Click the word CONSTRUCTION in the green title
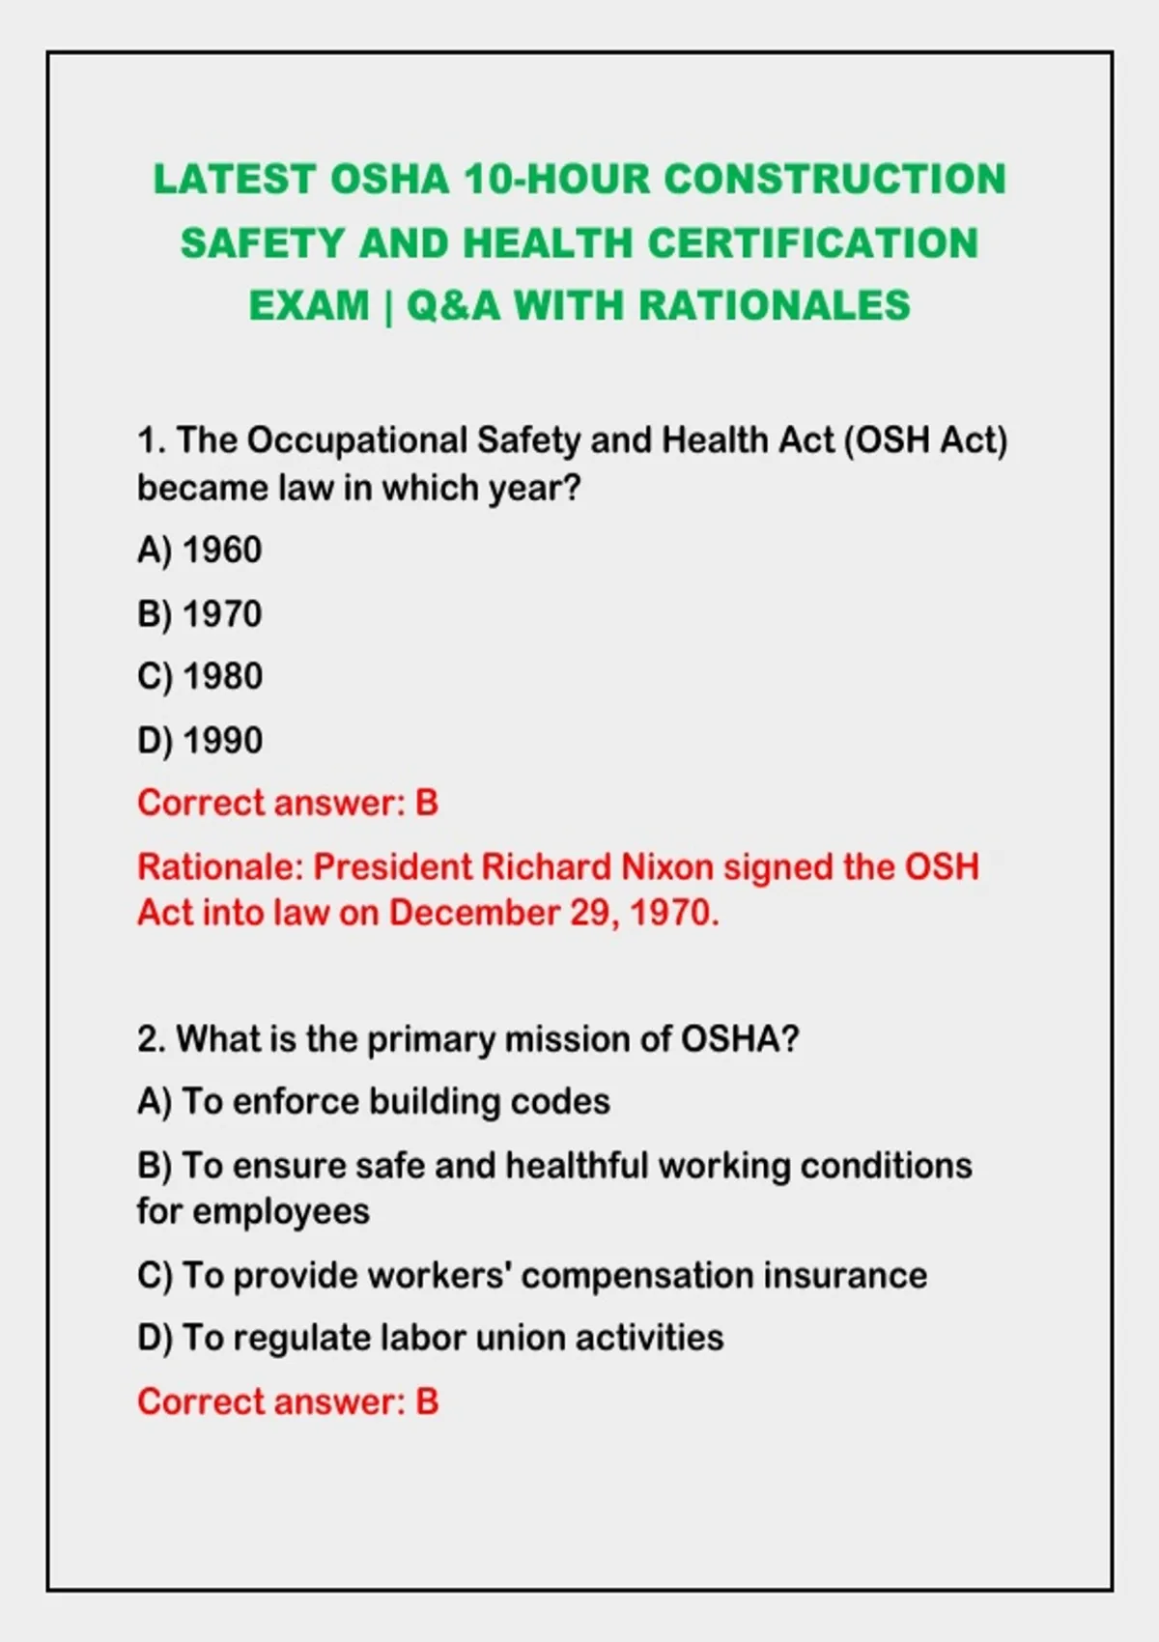pyautogui.click(x=835, y=180)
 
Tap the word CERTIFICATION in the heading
pyautogui.click(x=813, y=243)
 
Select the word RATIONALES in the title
pyautogui.click(x=775, y=305)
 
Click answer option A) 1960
pyautogui.click(x=199, y=551)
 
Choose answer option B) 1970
pyautogui.click(x=199, y=614)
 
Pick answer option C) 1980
pyautogui.click(x=199, y=676)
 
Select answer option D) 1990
pyautogui.click(x=199, y=741)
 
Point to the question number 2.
pyautogui.click(x=151, y=1039)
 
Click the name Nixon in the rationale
pyautogui.click(x=667, y=867)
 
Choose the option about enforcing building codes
pyautogui.click(x=374, y=1102)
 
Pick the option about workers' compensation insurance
pyautogui.click(x=532, y=1276)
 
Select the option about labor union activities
pyautogui.click(x=431, y=1338)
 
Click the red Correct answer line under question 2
pyautogui.click(x=288, y=1401)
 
